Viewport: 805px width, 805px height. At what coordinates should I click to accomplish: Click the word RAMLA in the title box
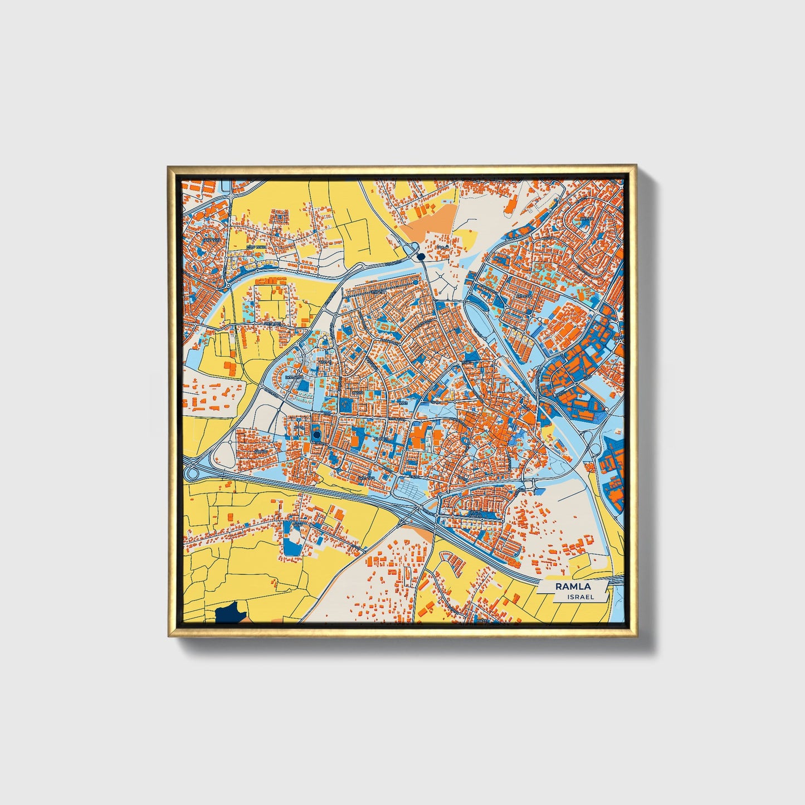pyautogui.click(x=572, y=587)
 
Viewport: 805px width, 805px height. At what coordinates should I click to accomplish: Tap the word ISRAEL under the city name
pyautogui.click(x=580, y=597)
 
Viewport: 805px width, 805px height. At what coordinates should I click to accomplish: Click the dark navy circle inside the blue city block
pyautogui.click(x=316, y=435)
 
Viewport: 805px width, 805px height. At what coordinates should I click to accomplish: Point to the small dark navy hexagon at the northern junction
pyautogui.click(x=421, y=256)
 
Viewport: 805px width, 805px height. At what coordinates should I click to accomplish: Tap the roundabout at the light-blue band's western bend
pyautogui.click(x=228, y=286)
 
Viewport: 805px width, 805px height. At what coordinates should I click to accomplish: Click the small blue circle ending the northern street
pyautogui.click(x=416, y=283)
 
